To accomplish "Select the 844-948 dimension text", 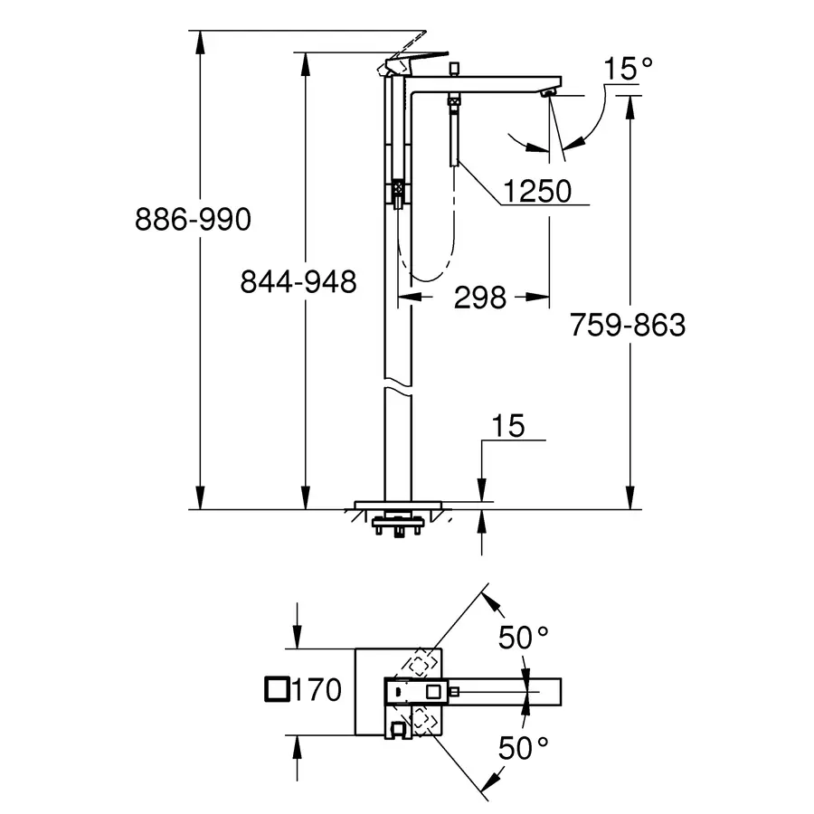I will (x=298, y=282).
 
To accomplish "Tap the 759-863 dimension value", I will (x=628, y=324).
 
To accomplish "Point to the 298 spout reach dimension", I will (x=479, y=297).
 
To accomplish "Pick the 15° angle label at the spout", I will (x=629, y=68).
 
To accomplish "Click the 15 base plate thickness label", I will (x=509, y=425).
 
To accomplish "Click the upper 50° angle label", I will (x=525, y=638).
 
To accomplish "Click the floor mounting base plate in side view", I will (x=397, y=503).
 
